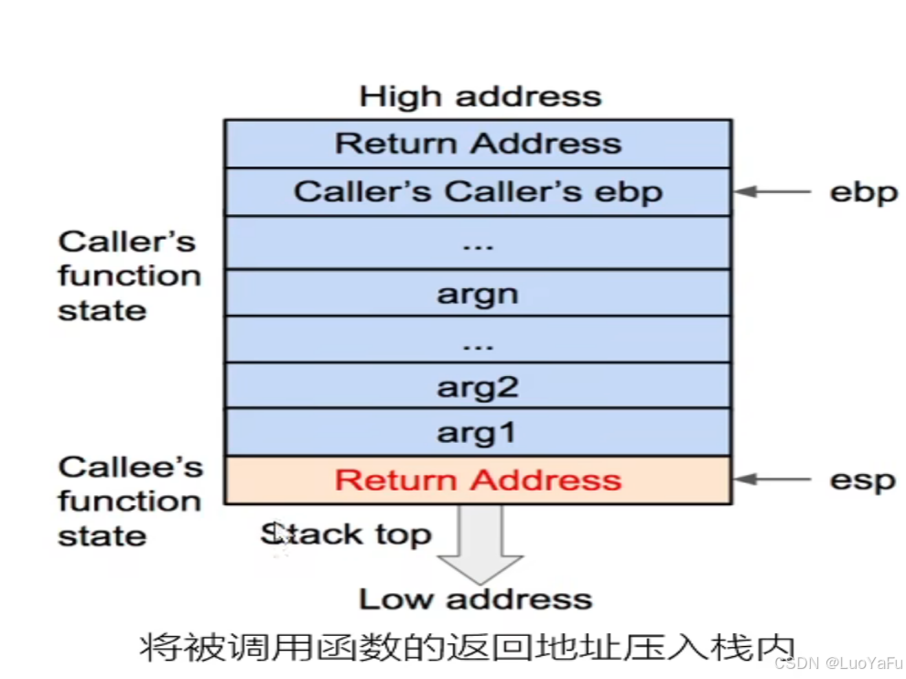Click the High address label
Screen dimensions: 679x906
click(480, 96)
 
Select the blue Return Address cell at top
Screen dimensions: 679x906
click(478, 144)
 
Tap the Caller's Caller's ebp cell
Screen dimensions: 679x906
click(478, 192)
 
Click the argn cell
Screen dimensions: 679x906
click(478, 294)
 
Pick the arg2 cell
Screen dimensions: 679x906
click(478, 387)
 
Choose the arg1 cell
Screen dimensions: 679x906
click(478, 433)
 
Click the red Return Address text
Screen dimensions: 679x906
click(478, 480)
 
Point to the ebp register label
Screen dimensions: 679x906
click(863, 193)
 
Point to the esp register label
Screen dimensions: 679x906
click(862, 480)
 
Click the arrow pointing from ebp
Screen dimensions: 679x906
click(773, 192)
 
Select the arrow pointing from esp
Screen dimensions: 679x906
click(773, 480)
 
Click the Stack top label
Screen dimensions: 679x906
click(346, 534)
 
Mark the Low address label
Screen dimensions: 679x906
click(475, 599)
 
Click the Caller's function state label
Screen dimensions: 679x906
click(129, 275)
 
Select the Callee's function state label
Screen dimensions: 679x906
click(129, 501)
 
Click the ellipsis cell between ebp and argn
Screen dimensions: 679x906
click(478, 242)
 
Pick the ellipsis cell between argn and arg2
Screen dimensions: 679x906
click(478, 340)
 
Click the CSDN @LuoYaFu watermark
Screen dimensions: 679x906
click(838, 663)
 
